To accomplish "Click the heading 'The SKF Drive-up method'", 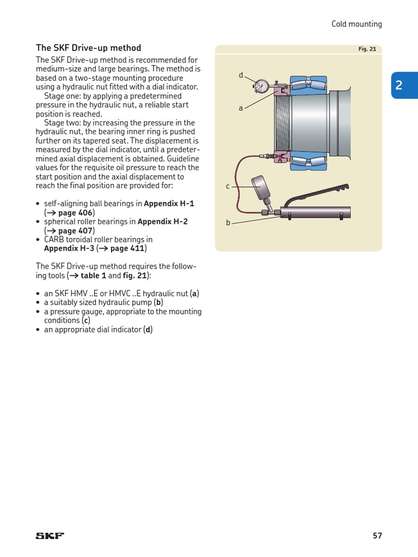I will point(88,48).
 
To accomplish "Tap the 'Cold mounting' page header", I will point(356,24).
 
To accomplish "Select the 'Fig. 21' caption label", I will point(367,49).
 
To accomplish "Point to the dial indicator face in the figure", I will point(261,85).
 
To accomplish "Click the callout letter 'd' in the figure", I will point(241,75).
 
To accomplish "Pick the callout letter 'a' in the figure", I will point(241,108).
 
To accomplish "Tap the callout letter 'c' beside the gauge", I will point(228,187).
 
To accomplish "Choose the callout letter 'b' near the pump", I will point(228,223).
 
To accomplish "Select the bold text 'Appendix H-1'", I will point(169,203).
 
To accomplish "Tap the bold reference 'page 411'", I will point(127,249).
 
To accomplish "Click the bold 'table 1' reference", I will point(94,276).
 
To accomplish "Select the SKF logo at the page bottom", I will point(50,536).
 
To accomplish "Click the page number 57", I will point(377,536).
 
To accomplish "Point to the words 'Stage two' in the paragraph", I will point(61,123).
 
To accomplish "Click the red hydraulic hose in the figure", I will point(236,185).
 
